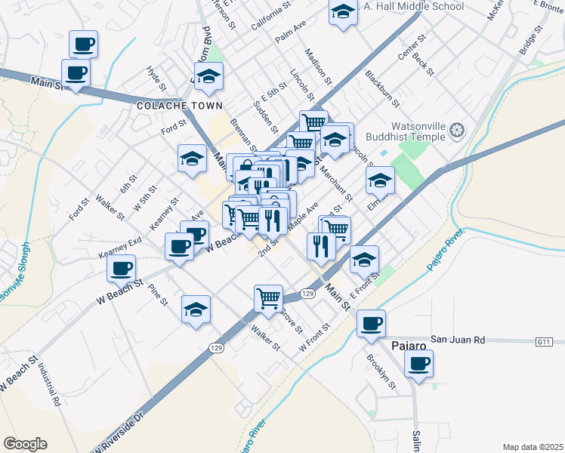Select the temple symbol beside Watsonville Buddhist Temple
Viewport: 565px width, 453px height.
[456, 131]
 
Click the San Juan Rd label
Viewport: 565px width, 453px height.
[455, 340]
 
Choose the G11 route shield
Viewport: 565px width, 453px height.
[545, 342]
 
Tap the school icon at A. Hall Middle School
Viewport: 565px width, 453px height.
[343, 12]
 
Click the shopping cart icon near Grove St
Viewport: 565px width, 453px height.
[268, 299]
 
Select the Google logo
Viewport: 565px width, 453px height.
[25, 443]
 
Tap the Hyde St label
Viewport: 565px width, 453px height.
[156, 78]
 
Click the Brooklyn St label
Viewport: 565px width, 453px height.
[381, 371]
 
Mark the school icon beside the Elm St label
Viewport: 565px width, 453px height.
[380, 180]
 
